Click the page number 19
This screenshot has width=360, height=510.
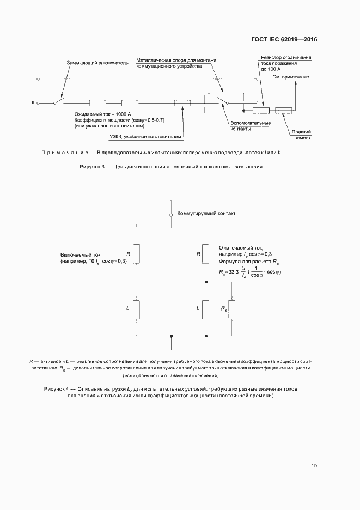point(314,465)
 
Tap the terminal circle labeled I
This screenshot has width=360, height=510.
point(37,79)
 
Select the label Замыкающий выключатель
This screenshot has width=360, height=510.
point(97,63)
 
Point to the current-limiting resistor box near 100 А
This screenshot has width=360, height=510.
point(261,111)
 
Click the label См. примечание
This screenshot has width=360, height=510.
point(290,77)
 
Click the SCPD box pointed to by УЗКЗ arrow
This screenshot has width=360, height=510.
point(182,102)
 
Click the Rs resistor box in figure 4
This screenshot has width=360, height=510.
point(231,309)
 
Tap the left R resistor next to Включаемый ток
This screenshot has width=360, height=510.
point(136,253)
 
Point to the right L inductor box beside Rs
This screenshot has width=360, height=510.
point(206,309)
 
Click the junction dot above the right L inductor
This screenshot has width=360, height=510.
point(206,282)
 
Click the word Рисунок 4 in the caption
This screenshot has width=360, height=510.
point(56,388)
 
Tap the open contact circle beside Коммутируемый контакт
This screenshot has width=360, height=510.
point(171,215)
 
